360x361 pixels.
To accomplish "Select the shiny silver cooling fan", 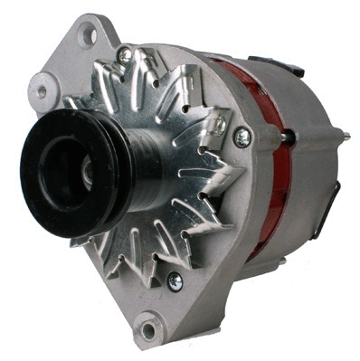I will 181,163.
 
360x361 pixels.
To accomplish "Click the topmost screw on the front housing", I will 124,55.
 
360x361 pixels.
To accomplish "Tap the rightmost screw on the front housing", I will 242,137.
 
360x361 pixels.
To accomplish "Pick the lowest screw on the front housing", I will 175,281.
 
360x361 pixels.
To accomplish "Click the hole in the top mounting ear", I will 89,35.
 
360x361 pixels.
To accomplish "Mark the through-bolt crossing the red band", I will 288,136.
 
